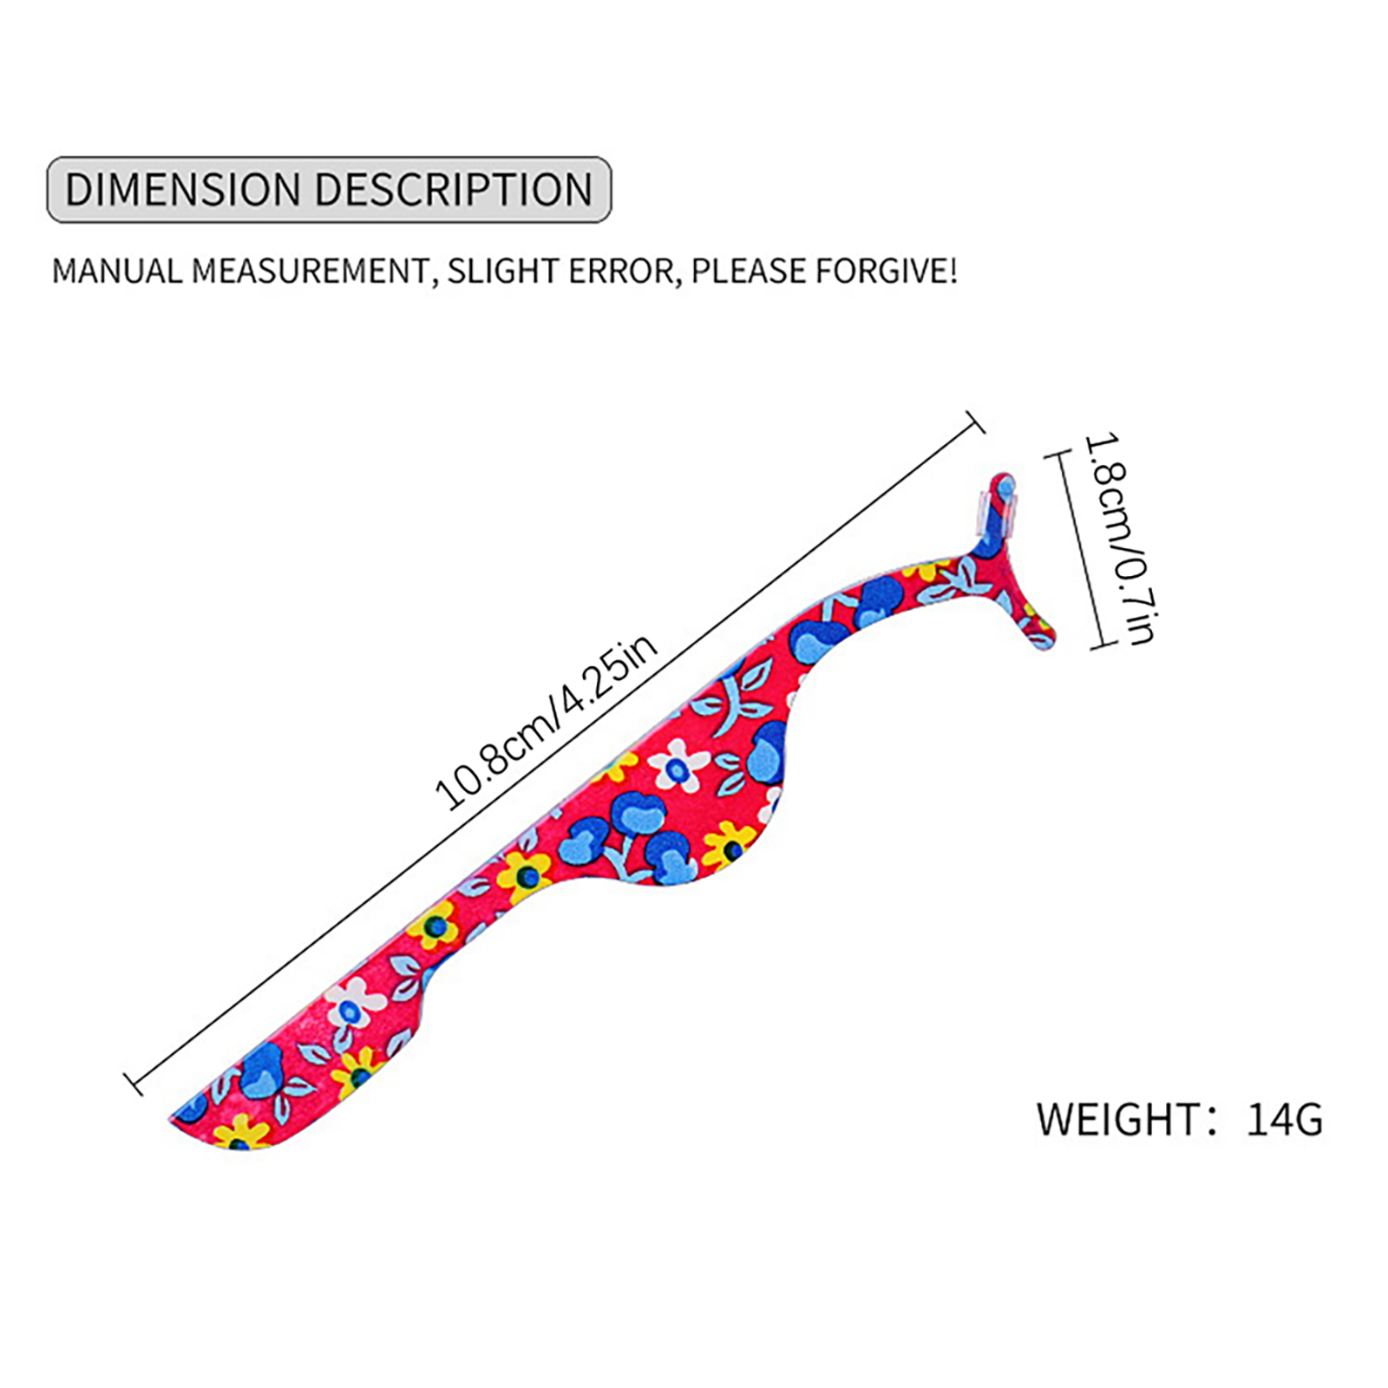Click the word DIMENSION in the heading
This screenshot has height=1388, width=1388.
[183, 190]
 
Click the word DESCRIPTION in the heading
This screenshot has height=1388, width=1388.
[454, 190]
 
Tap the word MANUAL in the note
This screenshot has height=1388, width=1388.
[118, 272]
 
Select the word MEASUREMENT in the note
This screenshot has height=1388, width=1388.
[310, 272]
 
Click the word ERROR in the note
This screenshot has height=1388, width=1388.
[622, 272]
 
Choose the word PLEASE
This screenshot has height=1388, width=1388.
[748, 272]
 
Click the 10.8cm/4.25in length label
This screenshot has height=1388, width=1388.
[547, 723]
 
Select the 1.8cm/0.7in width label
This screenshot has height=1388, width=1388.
[1119, 540]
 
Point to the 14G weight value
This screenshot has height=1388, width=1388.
[1284, 1119]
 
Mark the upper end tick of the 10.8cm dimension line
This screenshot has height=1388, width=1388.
[975, 422]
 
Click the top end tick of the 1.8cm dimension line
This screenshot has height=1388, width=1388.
[1054, 454]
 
